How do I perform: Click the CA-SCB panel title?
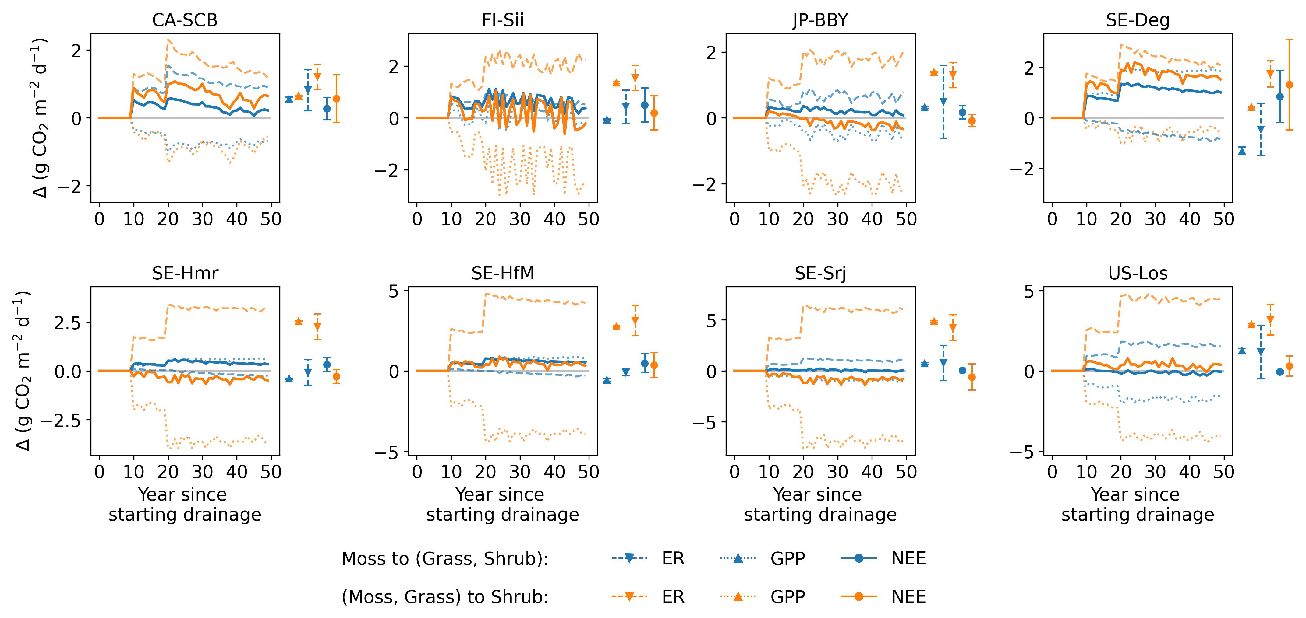click(185, 20)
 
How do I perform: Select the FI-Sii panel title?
click(502, 20)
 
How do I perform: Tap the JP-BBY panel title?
click(820, 20)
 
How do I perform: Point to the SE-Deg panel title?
click(1138, 20)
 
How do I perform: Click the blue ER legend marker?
click(629, 559)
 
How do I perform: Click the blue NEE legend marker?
click(858, 559)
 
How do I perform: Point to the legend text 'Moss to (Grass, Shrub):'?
click(445, 559)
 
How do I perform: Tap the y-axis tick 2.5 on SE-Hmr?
click(67, 323)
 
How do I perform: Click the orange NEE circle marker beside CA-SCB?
click(336, 99)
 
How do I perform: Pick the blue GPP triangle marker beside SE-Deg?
click(1242, 151)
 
